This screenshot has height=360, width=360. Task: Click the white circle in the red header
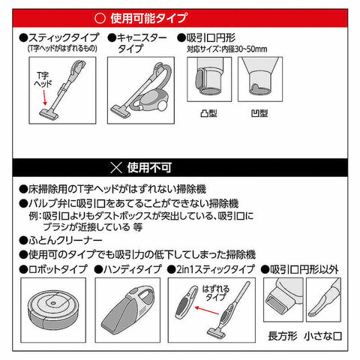(x=100, y=19)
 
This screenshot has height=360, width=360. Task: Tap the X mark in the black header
(x=116, y=167)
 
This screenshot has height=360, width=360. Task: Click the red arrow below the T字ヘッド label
(x=44, y=97)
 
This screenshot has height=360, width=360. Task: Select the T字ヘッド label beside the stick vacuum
(x=43, y=79)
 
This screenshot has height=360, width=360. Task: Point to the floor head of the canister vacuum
(x=121, y=111)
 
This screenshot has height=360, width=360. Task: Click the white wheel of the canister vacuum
(x=162, y=106)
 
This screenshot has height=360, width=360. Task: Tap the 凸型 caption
(x=208, y=113)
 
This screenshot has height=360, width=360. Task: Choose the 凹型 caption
(x=259, y=113)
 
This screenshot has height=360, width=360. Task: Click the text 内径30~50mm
(x=244, y=49)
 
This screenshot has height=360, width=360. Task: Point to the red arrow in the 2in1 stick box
(x=207, y=310)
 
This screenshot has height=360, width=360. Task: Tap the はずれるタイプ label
(x=215, y=293)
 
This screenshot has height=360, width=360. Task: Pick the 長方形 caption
(x=283, y=336)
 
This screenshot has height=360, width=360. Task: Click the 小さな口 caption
(x=322, y=336)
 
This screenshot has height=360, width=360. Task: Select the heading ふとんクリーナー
(x=65, y=241)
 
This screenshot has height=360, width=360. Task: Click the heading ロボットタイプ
(x=58, y=269)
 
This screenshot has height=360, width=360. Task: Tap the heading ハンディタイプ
(x=133, y=269)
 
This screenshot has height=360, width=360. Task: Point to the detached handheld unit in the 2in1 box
(x=186, y=303)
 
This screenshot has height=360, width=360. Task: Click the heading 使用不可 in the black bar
(x=149, y=167)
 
